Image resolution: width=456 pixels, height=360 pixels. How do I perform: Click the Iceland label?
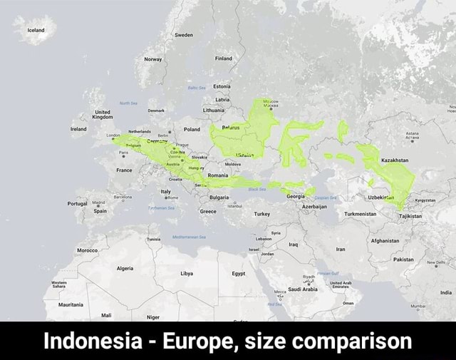pyautogui.click(x=36, y=31)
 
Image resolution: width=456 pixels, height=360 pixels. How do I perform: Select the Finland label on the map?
pyautogui.click(x=223, y=59)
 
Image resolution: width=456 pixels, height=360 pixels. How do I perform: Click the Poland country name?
pyautogui.click(x=192, y=130)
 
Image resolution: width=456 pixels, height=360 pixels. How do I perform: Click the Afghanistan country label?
pyautogui.click(x=385, y=241)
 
